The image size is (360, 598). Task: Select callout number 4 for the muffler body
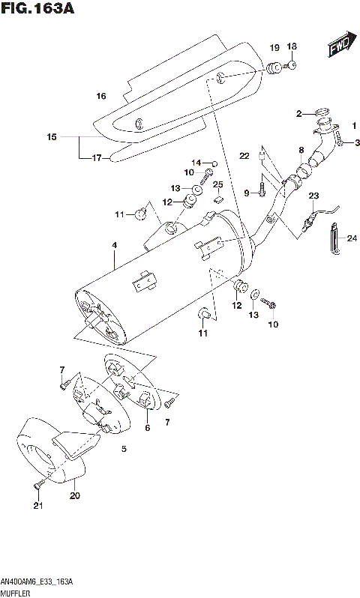click(113, 245)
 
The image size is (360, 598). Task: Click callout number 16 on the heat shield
click(101, 96)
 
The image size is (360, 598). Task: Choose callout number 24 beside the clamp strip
click(352, 240)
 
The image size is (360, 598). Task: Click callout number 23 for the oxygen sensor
click(313, 196)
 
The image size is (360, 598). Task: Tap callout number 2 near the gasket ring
click(298, 114)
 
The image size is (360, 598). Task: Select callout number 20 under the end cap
click(74, 495)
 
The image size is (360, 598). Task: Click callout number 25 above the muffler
click(217, 185)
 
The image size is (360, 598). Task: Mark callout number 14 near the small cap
click(196, 162)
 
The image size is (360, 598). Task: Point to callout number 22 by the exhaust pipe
click(244, 155)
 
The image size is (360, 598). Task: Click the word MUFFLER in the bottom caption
click(17, 591)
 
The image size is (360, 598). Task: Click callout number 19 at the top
click(274, 46)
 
